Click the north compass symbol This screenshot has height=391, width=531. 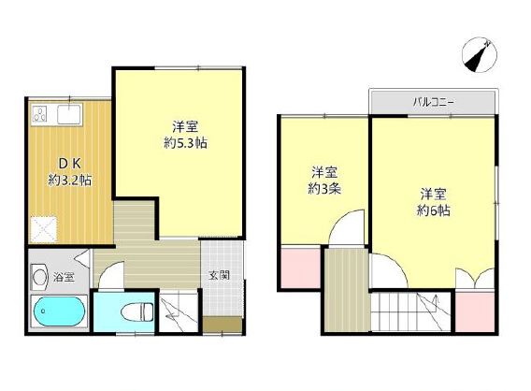point(480,54)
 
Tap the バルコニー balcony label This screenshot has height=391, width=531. point(433,102)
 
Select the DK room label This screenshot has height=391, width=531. point(70,164)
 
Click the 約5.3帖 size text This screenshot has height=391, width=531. point(186,143)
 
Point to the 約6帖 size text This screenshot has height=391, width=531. point(434,210)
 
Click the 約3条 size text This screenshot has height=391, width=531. point(324,189)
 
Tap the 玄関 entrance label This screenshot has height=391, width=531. point(219,275)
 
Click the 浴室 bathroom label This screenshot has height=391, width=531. point(64,278)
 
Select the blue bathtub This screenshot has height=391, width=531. point(59,311)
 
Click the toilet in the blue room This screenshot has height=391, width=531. point(137,311)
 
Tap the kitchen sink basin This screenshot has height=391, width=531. point(69,114)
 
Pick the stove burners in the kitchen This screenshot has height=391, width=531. point(39,114)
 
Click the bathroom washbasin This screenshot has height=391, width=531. point(39,278)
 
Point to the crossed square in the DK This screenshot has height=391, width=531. point(44,229)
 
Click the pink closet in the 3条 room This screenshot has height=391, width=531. point(301,268)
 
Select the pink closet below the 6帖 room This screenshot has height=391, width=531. point(475,311)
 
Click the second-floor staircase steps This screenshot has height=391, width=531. point(410,311)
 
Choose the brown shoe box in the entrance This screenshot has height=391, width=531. point(222,325)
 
